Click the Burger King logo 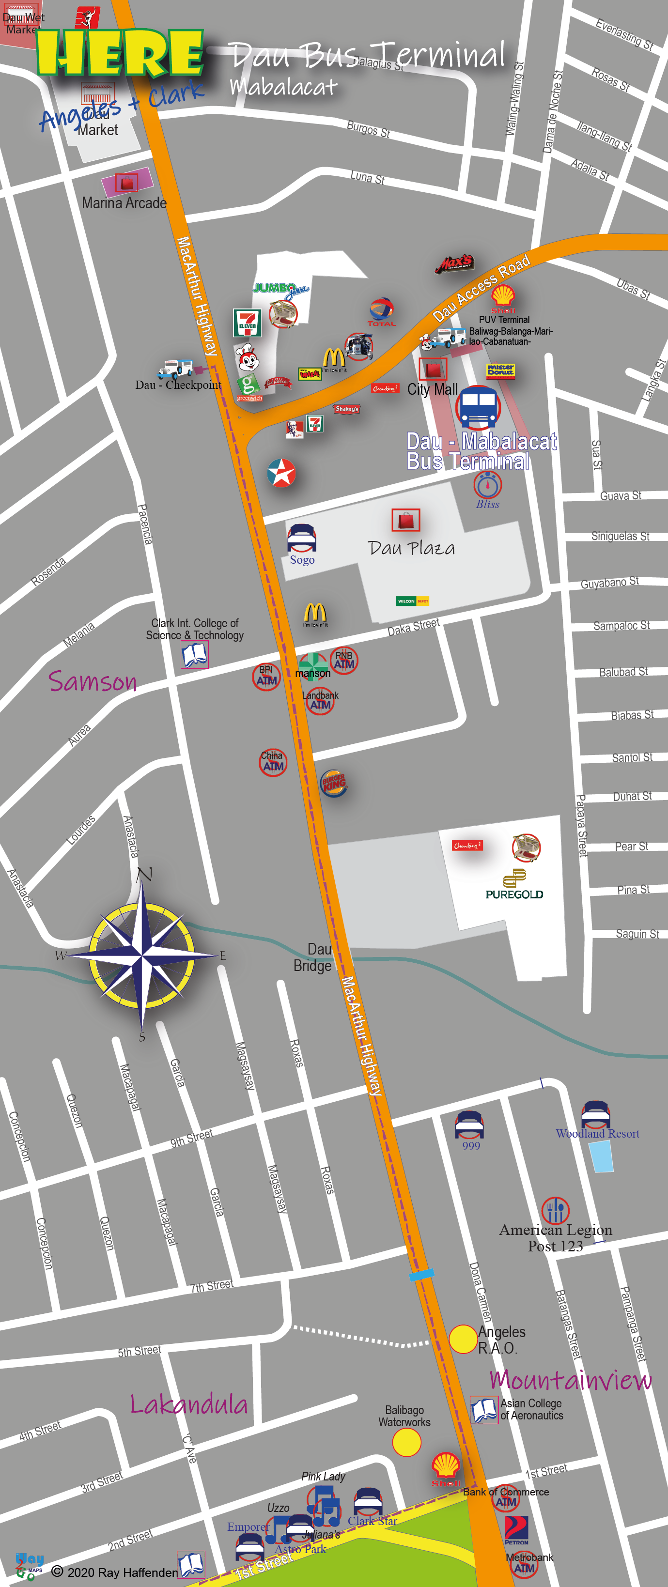pos(334,783)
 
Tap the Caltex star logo pos(281,473)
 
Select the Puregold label pos(514,894)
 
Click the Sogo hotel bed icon pos(302,539)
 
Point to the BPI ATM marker pos(266,677)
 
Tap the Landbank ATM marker pos(320,702)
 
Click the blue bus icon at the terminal pos(478,407)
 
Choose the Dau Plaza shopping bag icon pos(405,521)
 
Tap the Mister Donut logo pos(500,370)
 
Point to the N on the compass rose pos(144,874)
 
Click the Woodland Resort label pos(597,1134)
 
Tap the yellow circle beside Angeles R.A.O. pos(463,1339)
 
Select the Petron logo pos(516,1530)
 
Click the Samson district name pos(93,681)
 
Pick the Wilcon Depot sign pos(412,601)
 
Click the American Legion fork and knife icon pos(555,1210)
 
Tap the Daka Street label pos(414,627)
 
